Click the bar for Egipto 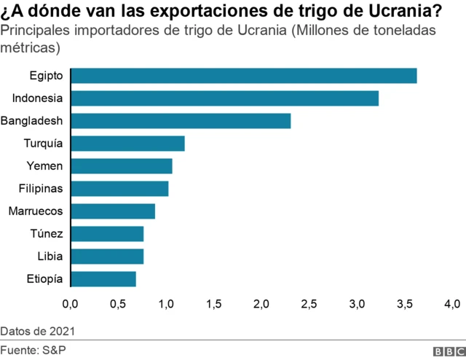tap(245, 76)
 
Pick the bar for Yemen tap(122, 166)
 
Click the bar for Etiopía tap(104, 279)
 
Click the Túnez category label tap(46, 234)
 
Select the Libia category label tap(50, 257)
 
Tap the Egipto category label tap(47, 76)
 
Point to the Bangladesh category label tap(32, 121)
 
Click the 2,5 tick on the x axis tap(309, 303)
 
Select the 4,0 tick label tap(451, 303)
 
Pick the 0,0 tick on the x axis tap(71, 303)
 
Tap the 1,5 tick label tap(213, 303)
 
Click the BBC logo tap(449, 351)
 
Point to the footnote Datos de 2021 tap(37, 332)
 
